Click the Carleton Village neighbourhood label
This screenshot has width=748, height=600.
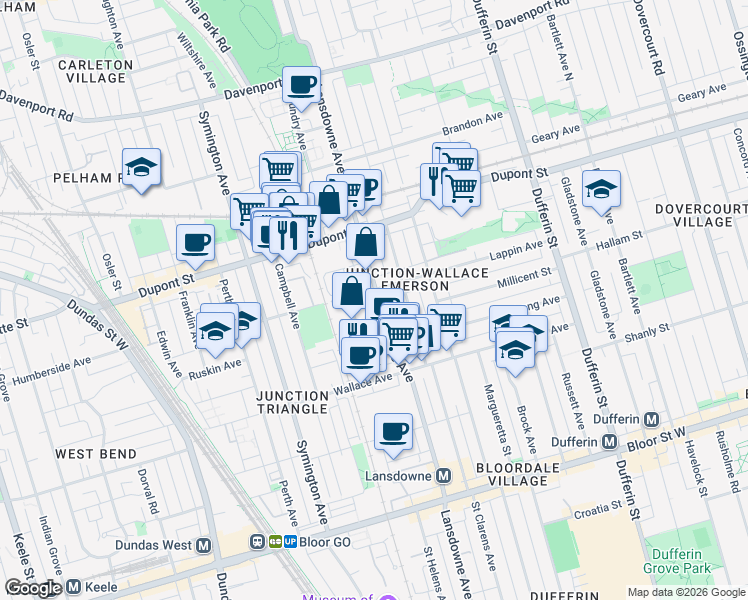pyautogui.click(x=95, y=71)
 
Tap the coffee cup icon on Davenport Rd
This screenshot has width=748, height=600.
pyautogui.click(x=301, y=84)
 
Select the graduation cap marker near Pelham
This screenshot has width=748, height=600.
pyautogui.click(x=142, y=167)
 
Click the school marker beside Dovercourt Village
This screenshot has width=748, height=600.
pyautogui.click(x=601, y=188)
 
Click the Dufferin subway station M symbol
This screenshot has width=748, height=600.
pyautogui.click(x=651, y=419)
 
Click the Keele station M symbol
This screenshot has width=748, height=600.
pyautogui.click(x=73, y=587)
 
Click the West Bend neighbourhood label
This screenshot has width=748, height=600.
pyautogui.click(x=96, y=454)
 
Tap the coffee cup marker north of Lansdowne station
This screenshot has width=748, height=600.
pyautogui.click(x=393, y=431)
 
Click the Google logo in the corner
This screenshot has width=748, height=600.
pyautogui.click(x=32, y=588)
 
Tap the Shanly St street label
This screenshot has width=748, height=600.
pyautogui.click(x=648, y=330)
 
